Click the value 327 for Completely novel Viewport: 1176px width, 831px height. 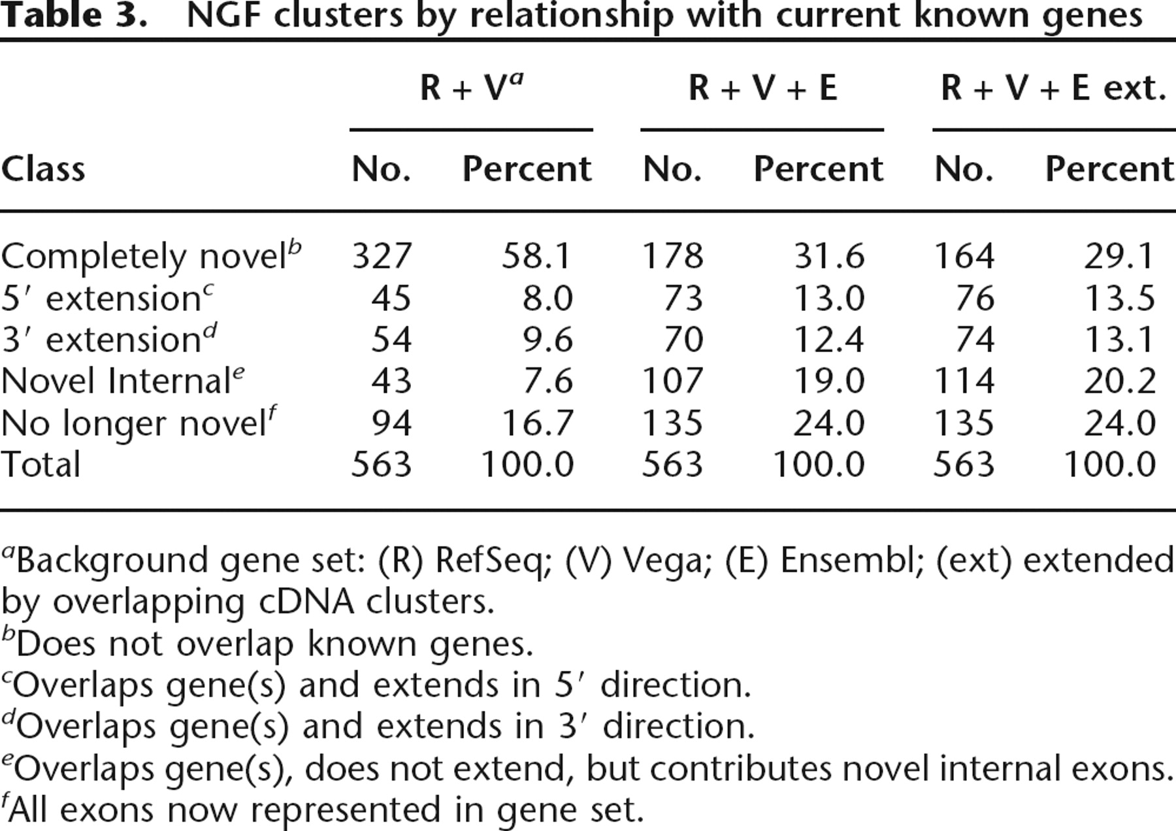point(382,255)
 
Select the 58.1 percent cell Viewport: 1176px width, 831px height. point(537,255)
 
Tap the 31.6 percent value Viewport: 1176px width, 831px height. point(829,255)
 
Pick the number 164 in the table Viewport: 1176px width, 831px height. point(964,255)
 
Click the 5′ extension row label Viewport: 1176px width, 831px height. point(108,298)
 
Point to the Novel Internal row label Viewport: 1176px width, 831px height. point(123,380)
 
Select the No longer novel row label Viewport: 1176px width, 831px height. point(139,422)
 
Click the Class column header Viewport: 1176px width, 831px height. point(43,169)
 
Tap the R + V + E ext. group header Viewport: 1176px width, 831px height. point(1054,88)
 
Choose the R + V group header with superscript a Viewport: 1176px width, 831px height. point(472,86)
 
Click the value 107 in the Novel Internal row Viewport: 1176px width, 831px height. point(673,381)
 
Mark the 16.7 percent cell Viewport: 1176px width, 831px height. point(537,423)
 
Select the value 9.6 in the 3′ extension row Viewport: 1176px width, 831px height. point(547,340)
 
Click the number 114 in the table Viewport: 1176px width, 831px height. point(964,381)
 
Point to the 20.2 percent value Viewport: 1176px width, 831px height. point(1120,381)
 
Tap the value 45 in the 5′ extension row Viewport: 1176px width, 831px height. point(392,298)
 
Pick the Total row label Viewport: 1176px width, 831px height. point(41,464)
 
